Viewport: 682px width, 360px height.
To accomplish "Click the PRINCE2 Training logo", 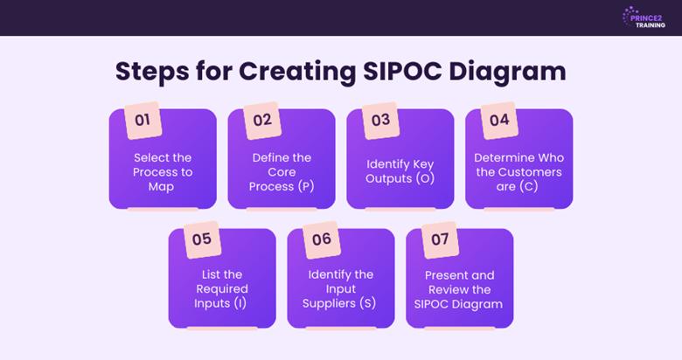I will point(644,17).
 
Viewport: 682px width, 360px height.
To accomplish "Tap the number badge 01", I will point(143,121).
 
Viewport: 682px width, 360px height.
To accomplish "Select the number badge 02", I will point(262,121).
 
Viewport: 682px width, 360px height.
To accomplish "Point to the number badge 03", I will point(380,121).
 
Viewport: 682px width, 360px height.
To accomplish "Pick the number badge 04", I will point(499,121).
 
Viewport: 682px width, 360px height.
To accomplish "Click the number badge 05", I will point(202,239).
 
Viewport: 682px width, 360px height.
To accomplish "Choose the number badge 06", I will point(321,239).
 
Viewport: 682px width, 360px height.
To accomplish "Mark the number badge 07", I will point(440,239).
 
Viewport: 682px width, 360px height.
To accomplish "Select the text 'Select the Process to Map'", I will point(162,172).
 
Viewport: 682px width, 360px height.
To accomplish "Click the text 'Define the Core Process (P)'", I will point(281,172).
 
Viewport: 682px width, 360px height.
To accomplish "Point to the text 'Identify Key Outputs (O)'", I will point(400,171).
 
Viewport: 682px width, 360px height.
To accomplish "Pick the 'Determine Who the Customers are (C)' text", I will point(518,172).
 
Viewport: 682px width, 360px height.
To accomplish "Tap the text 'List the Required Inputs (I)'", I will point(221,289).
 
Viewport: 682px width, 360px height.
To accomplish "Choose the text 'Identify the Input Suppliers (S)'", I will point(340,289).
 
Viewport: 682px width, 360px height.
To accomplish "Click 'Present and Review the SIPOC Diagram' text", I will point(459,289).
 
